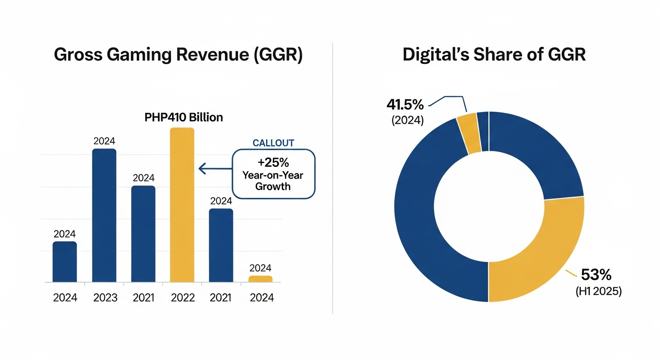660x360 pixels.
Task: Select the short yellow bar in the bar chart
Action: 260,279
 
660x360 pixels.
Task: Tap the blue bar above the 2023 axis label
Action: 104,215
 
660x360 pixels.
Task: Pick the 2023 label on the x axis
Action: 105,298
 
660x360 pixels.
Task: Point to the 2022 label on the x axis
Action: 182,298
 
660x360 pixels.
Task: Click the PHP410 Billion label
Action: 184,117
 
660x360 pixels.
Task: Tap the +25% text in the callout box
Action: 273,163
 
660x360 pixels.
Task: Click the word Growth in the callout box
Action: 273,187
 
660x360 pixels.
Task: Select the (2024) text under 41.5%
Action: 407,120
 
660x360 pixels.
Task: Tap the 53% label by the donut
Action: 596,275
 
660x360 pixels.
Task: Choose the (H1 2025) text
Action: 598,291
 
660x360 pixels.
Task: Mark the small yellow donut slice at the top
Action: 468,134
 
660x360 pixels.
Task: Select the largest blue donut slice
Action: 422,225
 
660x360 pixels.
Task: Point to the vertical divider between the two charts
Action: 332,178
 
